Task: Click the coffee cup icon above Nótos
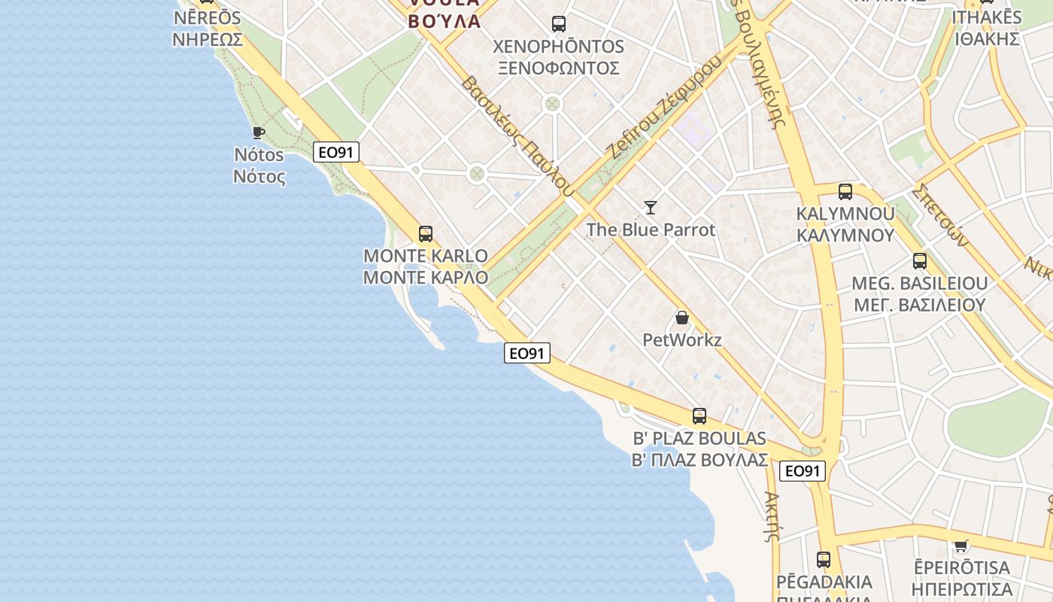259,133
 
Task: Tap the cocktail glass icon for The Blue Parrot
651,207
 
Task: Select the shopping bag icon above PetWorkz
682,318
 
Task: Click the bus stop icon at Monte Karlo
426,234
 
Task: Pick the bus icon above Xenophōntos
558,24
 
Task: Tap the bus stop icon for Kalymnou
845,192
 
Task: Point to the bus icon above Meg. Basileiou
919,261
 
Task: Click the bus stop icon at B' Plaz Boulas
699,416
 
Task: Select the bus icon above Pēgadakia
824,560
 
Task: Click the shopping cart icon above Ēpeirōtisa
960,545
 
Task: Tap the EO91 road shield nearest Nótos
335,152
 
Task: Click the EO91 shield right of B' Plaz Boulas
802,471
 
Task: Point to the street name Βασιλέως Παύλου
514,136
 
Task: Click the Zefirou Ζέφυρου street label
665,107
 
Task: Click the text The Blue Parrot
651,230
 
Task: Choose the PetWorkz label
681,340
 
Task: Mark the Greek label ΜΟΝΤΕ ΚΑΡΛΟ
425,277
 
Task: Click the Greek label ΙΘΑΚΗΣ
987,38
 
